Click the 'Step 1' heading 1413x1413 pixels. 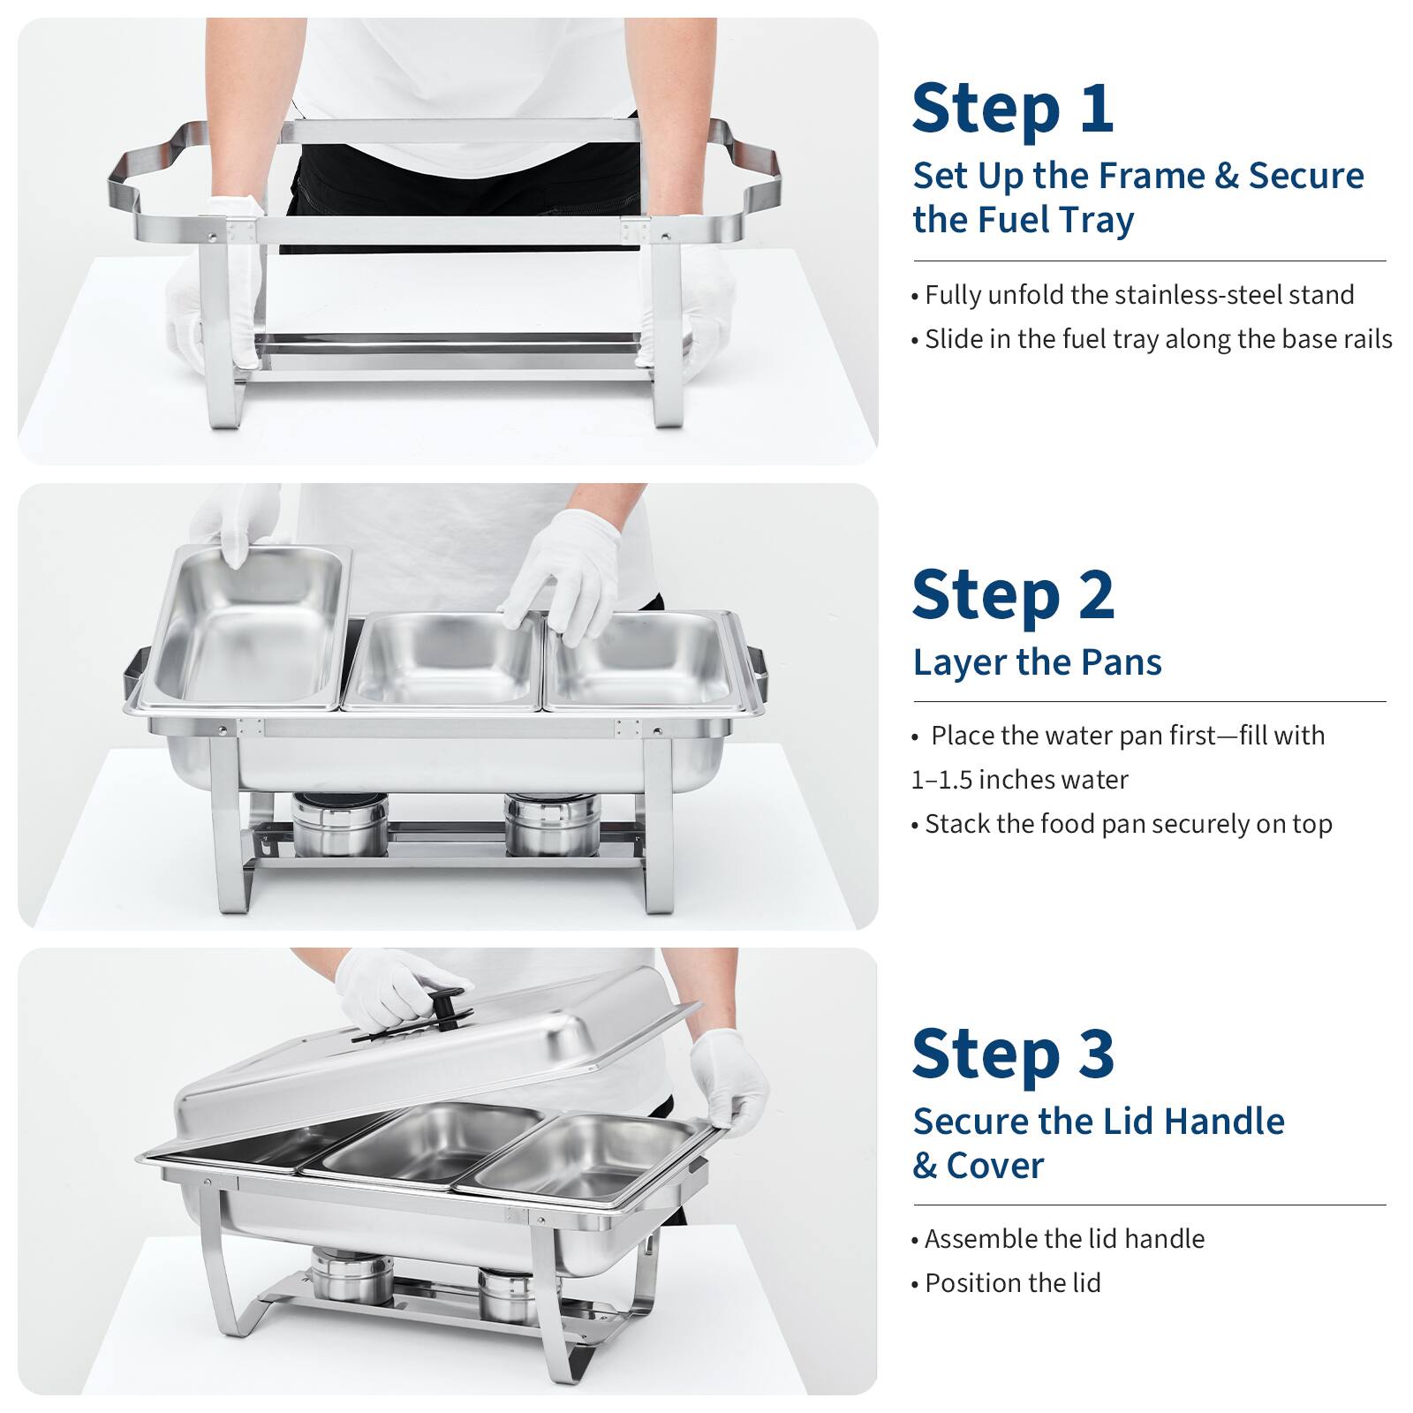tap(1012, 110)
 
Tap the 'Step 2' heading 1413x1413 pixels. tap(1013, 595)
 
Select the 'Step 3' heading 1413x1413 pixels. tap(1013, 1054)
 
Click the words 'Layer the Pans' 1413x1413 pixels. tap(1037, 662)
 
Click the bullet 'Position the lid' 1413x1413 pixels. tap(1012, 1283)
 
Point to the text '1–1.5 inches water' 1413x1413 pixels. tap(1019, 780)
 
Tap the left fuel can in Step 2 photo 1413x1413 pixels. tap(339, 826)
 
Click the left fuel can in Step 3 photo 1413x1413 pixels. tap(351, 1274)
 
